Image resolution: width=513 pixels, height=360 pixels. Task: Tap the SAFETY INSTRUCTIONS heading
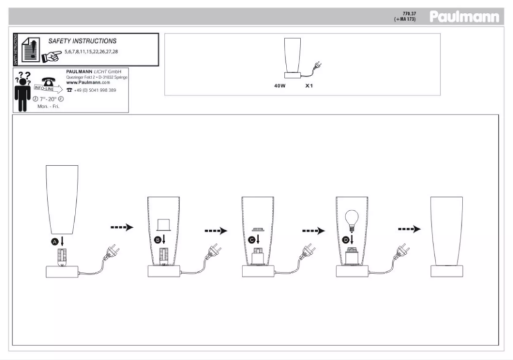[x=83, y=41]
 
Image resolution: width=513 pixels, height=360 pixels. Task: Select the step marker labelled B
[x=157, y=240]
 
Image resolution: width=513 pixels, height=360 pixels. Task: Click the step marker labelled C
[x=252, y=240]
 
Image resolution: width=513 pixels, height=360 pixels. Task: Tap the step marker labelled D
[x=346, y=240]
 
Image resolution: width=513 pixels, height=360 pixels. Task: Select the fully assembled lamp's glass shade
[x=447, y=230]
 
